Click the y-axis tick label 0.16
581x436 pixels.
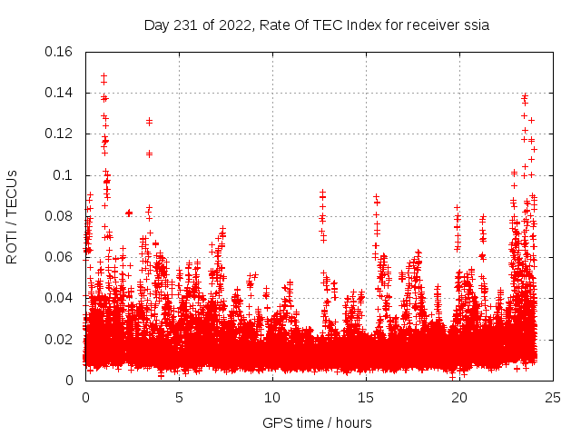click(59, 52)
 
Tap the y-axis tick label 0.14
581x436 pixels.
click(59, 93)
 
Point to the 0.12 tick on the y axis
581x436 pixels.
click(59, 134)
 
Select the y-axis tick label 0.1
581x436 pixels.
click(64, 175)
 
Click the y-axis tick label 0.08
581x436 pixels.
click(59, 216)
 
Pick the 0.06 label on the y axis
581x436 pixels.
click(59, 257)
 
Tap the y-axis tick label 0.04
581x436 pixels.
click(59, 298)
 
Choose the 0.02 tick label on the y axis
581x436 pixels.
click(59, 340)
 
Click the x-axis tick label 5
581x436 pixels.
click(179, 397)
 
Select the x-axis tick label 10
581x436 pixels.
click(272, 397)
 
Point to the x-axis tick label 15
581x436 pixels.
click(366, 397)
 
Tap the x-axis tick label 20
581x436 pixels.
click(459, 397)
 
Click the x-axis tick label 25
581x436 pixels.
click(553, 397)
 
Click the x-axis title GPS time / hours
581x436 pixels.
click(319, 422)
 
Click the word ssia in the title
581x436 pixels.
click(477, 25)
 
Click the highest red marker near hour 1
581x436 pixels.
click(103, 75)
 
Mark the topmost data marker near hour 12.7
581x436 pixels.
click(322, 193)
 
